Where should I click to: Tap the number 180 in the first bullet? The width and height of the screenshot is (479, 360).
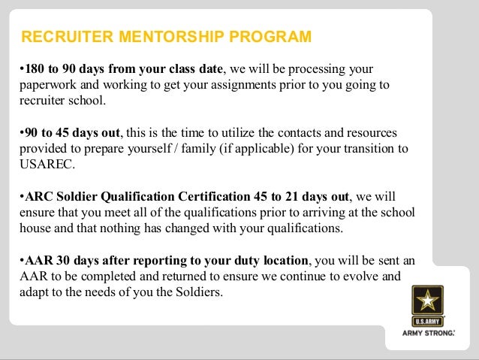pos(32,70)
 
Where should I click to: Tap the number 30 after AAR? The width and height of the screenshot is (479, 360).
pos(59,259)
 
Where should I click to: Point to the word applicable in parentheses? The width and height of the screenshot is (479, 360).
pos(252,148)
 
